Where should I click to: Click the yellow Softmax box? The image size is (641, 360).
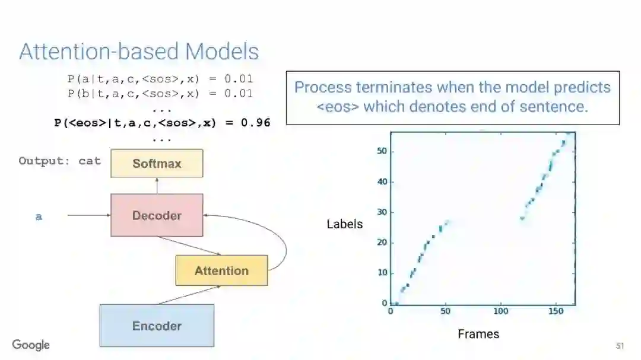pyautogui.click(x=157, y=163)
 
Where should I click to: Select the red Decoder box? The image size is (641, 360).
pyautogui.click(x=157, y=215)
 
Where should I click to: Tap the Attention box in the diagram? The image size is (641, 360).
pyautogui.click(x=221, y=270)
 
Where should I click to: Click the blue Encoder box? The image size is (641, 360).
pyautogui.click(x=157, y=326)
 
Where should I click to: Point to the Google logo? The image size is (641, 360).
pyautogui.click(x=31, y=345)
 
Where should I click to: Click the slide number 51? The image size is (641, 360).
pyautogui.click(x=620, y=346)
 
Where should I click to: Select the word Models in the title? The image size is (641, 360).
pyautogui.click(x=222, y=52)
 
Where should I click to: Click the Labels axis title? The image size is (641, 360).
pyautogui.click(x=344, y=224)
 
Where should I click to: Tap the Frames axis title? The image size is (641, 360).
pyautogui.click(x=478, y=334)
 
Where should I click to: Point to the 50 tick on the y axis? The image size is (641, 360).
pyautogui.click(x=382, y=151)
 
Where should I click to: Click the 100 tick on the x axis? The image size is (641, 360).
pyautogui.click(x=501, y=311)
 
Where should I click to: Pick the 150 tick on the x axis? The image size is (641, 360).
pyautogui.click(x=556, y=311)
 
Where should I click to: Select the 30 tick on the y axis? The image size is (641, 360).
pyautogui.click(x=382, y=212)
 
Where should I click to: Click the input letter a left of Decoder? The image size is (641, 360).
pyautogui.click(x=39, y=216)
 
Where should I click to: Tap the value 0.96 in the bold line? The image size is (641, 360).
pyautogui.click(x=256, y=123)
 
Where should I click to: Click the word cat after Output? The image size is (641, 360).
pyautogui.click(x=90, y=161)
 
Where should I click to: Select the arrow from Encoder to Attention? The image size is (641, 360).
pyautogui.click(x=187, y=295)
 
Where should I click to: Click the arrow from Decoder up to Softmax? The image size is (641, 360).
pyautogui.click(x=157, y=185)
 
